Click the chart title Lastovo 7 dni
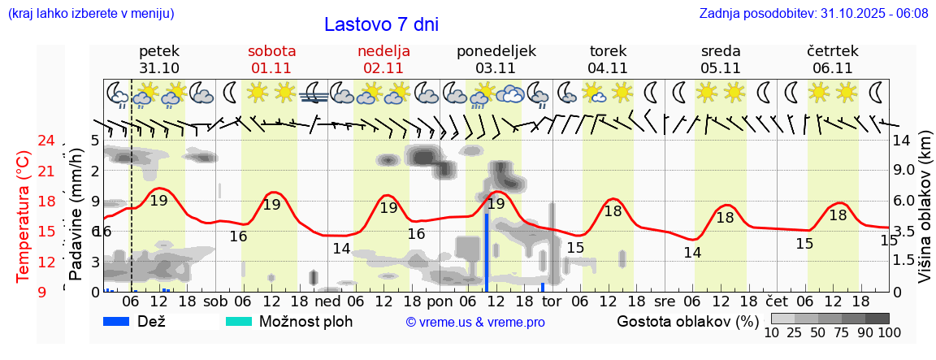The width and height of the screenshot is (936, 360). [381, 24]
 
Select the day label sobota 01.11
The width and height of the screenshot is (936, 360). [271, 59]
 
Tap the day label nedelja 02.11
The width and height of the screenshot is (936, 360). [383, 59]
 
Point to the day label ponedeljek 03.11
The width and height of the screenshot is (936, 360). [496, 59]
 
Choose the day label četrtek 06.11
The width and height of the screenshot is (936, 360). [832, 59]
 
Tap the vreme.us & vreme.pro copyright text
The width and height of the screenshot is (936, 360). [474, 322]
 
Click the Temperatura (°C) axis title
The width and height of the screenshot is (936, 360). [24, 215]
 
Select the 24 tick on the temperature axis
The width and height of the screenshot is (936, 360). [45, 141]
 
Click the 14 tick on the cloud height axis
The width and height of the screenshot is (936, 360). [902, 141]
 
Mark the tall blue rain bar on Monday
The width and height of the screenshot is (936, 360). [487, 252]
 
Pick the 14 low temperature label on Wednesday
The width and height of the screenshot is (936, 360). [691, 252]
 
